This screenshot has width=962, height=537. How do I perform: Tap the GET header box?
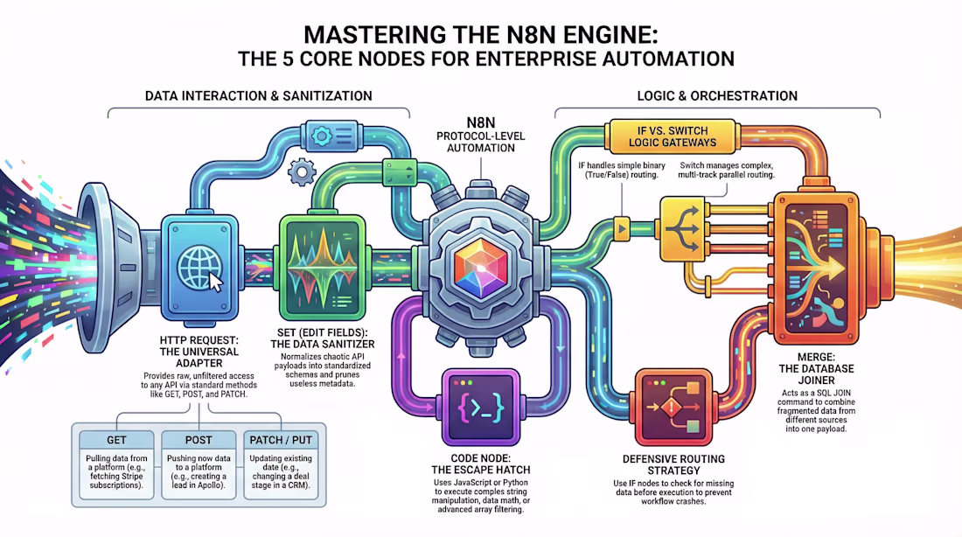(x=116, y=440)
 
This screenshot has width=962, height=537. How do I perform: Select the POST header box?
(x=199, y=440)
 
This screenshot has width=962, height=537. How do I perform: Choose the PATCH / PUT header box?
(x=281, y=440)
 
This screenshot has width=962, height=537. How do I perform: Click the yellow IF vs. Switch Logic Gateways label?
(x=673, y=136)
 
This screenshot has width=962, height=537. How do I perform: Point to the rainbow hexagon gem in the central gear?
(x=481, y=268)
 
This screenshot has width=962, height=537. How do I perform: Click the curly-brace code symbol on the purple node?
(x=480, y=407)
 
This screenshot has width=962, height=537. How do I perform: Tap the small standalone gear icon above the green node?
(x=302, y=171)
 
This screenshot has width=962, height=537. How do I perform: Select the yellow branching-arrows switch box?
(x=681, y=229)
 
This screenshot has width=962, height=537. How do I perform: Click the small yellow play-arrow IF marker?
(x=622, y=229)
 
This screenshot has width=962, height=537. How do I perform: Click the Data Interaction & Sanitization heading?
(x=258, y=95)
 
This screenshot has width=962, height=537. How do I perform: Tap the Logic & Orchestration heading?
(x=717, y=95)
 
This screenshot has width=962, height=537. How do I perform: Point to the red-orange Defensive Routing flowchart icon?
(x=673, y=407)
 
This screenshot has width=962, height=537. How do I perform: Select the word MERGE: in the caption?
(x=816, y=357)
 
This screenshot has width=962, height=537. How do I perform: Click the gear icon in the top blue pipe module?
(x=321, y=135)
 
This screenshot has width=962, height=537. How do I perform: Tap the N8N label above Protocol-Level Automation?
(x=480, y=122)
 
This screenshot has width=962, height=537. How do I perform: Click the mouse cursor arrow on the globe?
(x=215, y=282)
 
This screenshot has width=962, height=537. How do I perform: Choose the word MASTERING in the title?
(x=375, y=34)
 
